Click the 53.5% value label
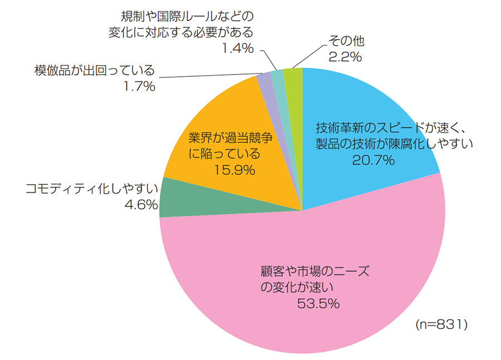pyautogui.click(x=318, y=304)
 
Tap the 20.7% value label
pyautogui.click(x=374, y=160)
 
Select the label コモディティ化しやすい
pyautogui.click(x=92, y=188)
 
